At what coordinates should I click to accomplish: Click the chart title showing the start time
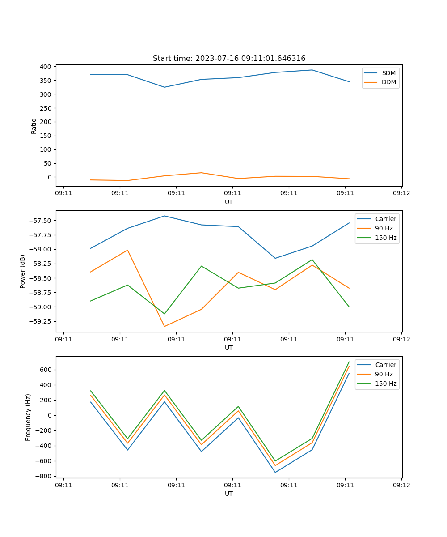pos(229,59)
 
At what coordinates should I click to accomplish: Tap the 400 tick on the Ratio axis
pos(46,67)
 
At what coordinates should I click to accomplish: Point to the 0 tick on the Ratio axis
pos(50,177)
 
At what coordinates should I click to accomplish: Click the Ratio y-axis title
pos(34,126)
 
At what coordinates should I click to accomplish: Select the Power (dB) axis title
pos(23,271)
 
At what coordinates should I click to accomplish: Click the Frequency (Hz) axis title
pos(28,417)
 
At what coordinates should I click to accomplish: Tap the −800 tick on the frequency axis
pos(44,476)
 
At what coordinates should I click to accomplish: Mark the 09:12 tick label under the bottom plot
pos(401,485)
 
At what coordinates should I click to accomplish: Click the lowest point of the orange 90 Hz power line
pos(164,326)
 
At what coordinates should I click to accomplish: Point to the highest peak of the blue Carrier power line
pos(164,216)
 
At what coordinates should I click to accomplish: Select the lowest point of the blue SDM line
pos(164,87)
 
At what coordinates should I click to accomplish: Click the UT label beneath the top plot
pos(229,202)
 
